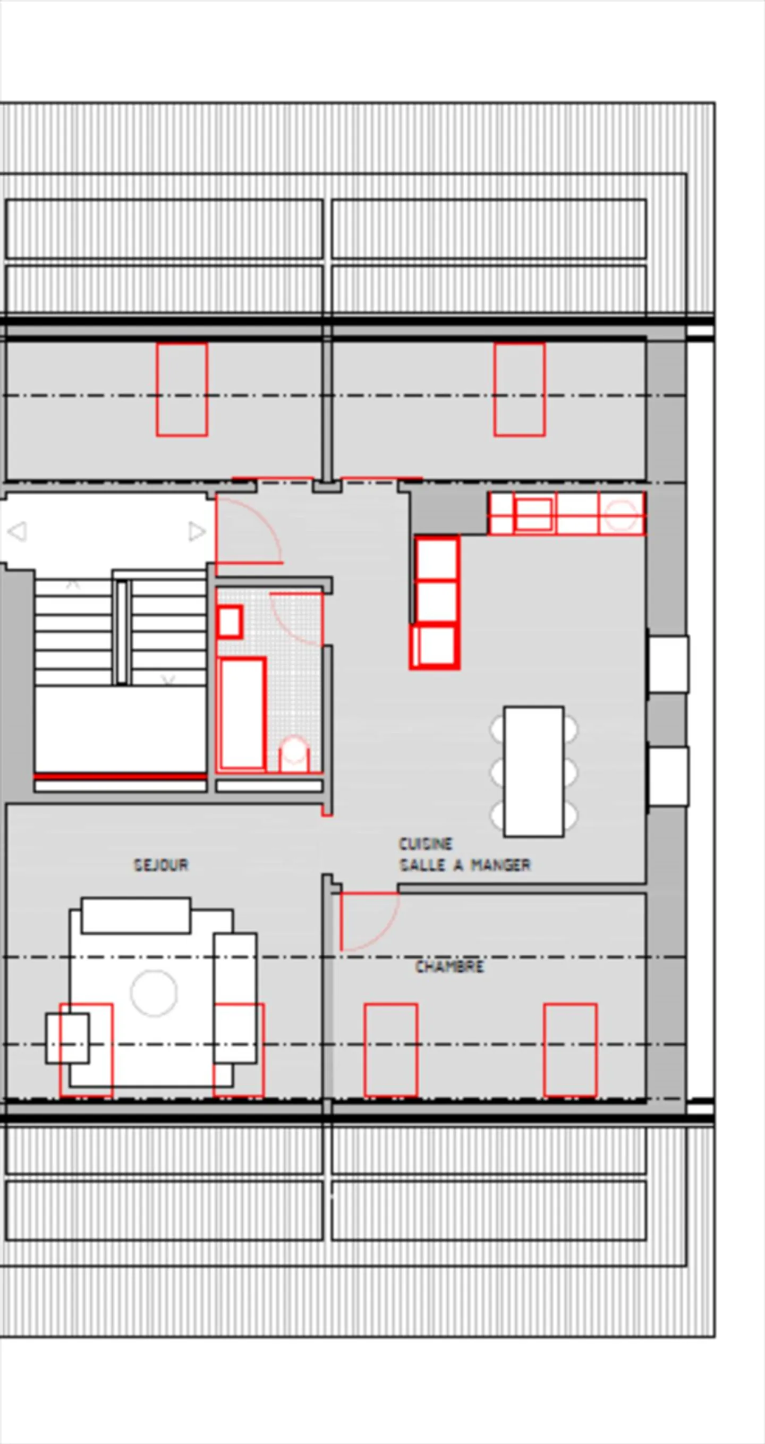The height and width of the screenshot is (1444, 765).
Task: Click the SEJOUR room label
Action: (x=161, y=865)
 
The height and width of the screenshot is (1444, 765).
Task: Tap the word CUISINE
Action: (x=426, y=844)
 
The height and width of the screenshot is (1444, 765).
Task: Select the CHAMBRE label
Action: (x=449, y=966)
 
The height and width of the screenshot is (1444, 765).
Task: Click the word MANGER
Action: (x=500, y=865)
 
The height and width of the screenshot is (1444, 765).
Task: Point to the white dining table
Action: (x=533, y=771)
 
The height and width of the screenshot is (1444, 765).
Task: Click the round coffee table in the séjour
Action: (x=154, y=993)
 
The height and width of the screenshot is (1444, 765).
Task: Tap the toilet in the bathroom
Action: (x=294, y=754)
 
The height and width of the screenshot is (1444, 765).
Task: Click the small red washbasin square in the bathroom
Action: (x=230, y=622)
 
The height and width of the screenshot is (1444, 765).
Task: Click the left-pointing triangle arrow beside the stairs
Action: (x=18, y=531)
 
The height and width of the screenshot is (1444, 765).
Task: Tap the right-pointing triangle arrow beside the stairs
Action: (x=197, y=531)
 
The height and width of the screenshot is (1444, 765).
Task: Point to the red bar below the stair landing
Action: (x=120, y=776)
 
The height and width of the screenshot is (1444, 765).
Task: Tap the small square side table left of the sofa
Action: (x=67, y=1038)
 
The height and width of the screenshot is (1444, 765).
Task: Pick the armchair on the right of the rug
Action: (x=235, y=998)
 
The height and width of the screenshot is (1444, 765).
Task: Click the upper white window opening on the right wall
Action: (x=669, y=664)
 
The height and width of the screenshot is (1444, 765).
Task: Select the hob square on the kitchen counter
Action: (x=533, y=515)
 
